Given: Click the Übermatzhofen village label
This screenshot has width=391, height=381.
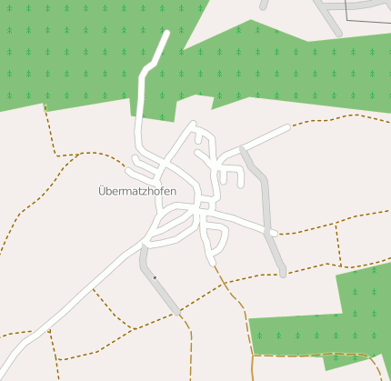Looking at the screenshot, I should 136,191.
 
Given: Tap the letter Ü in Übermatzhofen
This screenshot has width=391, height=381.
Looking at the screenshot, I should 102,191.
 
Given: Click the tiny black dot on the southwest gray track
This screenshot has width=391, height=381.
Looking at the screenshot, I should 155,276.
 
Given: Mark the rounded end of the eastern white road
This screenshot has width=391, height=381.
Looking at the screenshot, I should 274,233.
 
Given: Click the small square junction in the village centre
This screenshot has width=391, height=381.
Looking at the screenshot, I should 205,206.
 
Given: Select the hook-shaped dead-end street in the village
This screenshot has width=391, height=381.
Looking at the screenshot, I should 230,171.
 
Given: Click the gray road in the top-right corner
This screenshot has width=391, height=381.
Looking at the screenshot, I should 327,16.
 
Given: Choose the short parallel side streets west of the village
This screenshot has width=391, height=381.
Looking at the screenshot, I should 141,165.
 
